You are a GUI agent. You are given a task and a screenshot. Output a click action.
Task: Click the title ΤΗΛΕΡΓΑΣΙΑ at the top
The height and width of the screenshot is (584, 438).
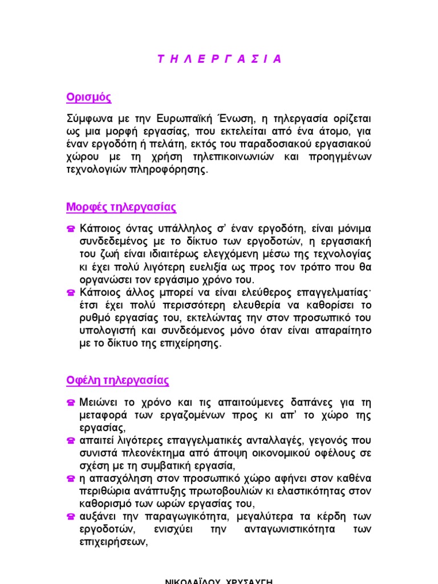(219, 59)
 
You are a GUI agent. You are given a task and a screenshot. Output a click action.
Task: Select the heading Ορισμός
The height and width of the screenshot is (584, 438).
(88, 98)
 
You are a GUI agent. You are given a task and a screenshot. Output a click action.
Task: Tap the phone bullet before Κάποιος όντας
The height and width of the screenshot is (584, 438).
(71, 229)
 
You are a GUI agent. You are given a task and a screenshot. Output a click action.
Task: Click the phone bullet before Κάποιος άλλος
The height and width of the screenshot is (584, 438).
(71, 293)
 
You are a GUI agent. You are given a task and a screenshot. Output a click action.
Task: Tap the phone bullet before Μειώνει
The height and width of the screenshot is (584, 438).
(71, 403)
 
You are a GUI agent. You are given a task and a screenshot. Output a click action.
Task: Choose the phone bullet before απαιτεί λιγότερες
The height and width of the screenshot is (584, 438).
(71, 441)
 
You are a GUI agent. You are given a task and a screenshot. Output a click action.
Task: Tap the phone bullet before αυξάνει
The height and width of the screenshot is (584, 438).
(71, 517)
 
